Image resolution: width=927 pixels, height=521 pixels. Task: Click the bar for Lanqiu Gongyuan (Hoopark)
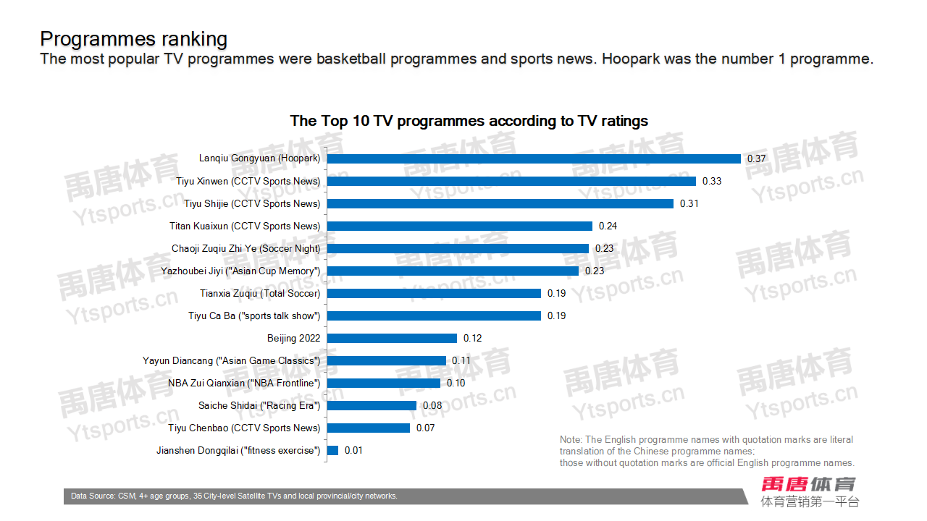coord(534,158)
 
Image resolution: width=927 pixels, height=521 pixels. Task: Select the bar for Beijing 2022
coord(392,338)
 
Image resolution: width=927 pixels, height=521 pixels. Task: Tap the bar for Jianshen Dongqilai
coord(332,450)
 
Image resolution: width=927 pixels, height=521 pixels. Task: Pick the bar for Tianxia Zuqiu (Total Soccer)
coord(434,293)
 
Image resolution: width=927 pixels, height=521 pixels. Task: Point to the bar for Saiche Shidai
coord(372,405)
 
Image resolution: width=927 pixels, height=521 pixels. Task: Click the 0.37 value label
coord(757,158)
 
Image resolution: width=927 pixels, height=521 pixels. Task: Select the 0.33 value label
coord(712,181)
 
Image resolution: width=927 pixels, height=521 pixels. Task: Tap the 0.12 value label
coord(473,338)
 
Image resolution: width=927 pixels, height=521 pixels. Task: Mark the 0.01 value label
coord(353,450)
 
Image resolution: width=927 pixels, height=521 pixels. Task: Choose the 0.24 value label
coord(608,226)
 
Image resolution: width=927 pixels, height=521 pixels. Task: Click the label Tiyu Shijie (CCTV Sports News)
coord(252,203)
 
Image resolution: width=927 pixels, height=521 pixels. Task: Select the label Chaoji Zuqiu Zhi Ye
coord(246,248)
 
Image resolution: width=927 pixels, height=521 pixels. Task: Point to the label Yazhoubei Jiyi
coord(240,271)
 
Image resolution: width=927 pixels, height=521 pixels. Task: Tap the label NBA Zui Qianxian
coord(244,383)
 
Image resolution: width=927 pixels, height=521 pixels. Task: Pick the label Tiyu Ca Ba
coord(254,315)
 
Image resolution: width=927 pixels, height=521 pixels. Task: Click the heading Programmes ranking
coord(134,38)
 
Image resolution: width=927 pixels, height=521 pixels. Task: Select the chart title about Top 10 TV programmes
coord(469,121)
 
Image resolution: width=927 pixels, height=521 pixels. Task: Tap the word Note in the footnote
coord(571,439)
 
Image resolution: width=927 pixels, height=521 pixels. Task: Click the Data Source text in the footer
coord(234,496)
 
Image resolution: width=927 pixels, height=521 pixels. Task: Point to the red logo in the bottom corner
coord(808,484)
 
